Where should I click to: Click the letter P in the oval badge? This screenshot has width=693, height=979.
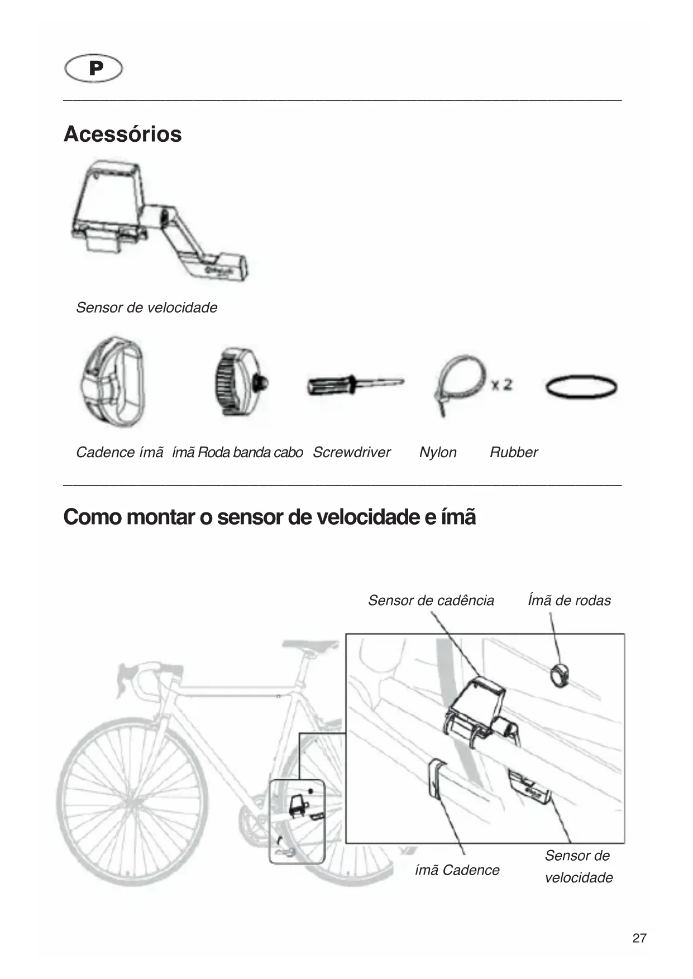(95, 69)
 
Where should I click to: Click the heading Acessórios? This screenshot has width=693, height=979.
(123, 134)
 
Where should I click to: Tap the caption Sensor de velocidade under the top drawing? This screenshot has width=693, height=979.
(146, 308)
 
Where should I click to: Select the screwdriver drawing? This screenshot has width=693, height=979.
(355, 385)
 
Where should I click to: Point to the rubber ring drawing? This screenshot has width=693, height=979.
(581, 387)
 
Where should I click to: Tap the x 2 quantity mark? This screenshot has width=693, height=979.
(501, 385)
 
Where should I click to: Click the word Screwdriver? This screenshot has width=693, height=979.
(351, 452)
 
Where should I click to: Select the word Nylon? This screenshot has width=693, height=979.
(438, 452)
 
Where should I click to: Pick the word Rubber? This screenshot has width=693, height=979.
(514, 452)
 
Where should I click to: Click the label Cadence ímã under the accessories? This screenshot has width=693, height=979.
(120, 452)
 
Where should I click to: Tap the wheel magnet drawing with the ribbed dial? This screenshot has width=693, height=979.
(238, 382)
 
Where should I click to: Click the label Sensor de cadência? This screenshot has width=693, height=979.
(431, 601)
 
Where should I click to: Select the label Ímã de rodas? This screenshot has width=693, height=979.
(569, 601)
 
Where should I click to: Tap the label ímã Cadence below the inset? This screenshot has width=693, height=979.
(457, 870)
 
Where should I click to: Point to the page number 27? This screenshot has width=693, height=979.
(639, 938)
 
